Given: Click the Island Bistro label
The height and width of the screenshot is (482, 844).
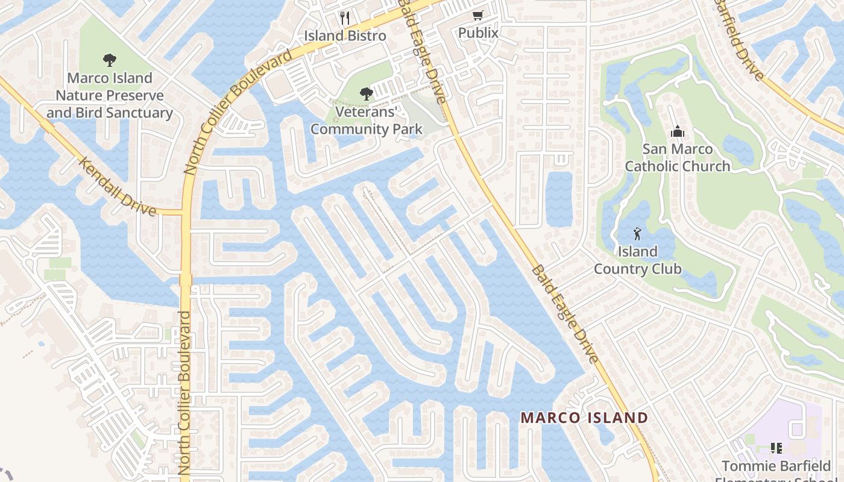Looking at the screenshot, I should (x=345, y=36).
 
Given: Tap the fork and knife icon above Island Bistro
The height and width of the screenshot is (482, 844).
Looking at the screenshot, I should (x=345, y=17).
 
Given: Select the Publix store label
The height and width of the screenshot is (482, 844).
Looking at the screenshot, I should (x=479, y=33).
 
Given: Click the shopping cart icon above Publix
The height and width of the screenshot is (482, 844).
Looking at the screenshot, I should (x=478, y=15).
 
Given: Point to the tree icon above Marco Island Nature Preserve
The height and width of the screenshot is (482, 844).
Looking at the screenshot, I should (x=109, y=60).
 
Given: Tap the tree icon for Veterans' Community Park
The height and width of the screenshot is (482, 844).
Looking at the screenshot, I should (x=366, y=93).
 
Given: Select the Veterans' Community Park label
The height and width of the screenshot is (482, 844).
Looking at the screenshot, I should (x=366, y=120).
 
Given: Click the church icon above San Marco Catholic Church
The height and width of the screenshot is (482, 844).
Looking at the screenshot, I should (x=677, y=131).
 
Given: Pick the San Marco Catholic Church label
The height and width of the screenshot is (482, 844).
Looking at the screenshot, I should (x=678, y=157).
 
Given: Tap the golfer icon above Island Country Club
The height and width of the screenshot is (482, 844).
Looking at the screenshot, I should (x=637, y=233).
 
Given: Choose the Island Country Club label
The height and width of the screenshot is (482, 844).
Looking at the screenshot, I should (x=638, y=260).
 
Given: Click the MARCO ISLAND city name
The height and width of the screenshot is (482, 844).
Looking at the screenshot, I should (x=584, y=418).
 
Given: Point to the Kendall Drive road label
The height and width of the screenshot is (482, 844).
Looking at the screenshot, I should (x=118, y=186).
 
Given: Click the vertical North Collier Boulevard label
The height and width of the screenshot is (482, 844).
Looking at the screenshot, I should (x=185, y=392).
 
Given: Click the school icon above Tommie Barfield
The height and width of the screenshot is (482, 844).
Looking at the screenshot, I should (x=776, y=448).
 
